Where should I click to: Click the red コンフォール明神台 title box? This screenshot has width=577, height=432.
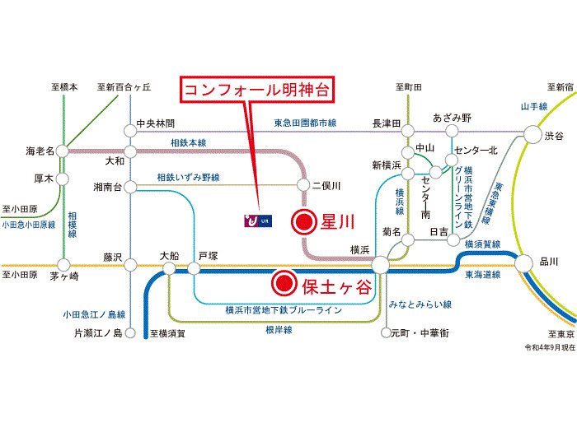257,90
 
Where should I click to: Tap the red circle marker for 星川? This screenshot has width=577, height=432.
304,222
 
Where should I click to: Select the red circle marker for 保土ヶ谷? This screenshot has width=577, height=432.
284,283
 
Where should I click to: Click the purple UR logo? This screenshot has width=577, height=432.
258,221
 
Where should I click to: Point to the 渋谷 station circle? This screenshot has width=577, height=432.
532,134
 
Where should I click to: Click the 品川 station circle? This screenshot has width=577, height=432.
523,263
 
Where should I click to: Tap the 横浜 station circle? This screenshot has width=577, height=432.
380,264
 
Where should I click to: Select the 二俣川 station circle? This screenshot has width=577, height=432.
303,185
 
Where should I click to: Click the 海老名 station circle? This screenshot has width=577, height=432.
62,151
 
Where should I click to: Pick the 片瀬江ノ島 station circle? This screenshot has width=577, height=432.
130,333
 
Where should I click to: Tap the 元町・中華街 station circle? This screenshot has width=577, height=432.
386,332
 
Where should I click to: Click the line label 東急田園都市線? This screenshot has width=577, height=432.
305,123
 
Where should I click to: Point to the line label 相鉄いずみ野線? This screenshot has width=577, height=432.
189,178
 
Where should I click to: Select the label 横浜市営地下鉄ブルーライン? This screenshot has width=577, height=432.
284,310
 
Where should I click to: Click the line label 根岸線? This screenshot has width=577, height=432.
279,330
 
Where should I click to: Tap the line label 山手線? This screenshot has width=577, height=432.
534,106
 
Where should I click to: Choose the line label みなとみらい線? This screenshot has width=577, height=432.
420,304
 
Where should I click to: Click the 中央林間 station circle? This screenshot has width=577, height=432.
130,130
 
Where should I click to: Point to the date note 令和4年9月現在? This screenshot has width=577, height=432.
550,347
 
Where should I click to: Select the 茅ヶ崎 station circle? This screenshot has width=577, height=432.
63,265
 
